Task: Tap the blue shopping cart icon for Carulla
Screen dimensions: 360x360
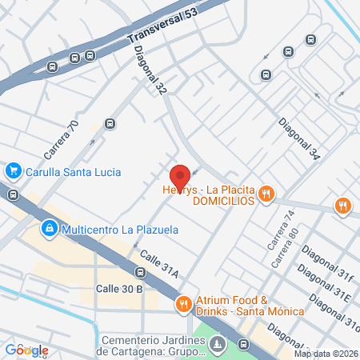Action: pyautogui.click(x=13, y=170)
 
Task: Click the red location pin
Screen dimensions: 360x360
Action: pyautogui.click(x=180, y=176)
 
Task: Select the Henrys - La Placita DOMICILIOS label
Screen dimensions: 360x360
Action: pyautogui.click(x=208, y=194)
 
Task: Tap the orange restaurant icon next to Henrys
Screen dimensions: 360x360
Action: pyautogui.click(x=267, y=194)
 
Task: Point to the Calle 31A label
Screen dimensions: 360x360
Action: pyautogui.click(x=158, y=265)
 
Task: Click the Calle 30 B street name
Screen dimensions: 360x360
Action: pyautogui.click(x=119, y=288)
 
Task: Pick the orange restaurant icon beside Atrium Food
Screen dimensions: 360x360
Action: pyautogui.click(x=183, y=303)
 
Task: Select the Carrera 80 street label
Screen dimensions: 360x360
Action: pyautogui.click(x=283, y=249)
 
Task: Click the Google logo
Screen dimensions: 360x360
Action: pyautogui.click(x=26, y=350)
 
